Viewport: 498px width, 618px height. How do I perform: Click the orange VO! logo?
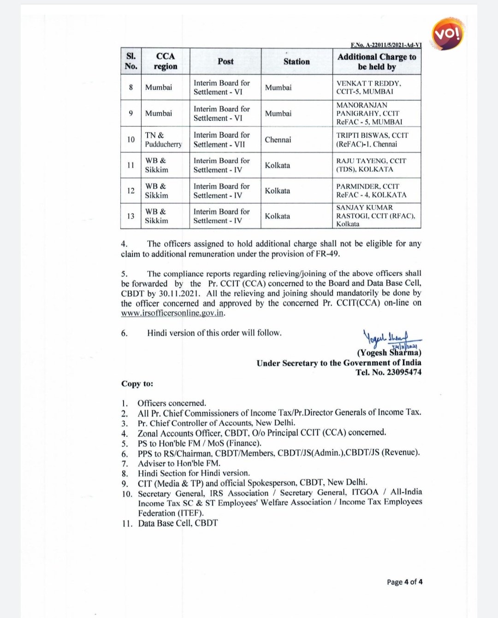[x=447, y=34]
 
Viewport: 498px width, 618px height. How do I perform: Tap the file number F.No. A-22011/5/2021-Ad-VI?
[x=386, y=45]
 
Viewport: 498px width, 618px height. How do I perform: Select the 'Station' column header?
[x=296, y=61]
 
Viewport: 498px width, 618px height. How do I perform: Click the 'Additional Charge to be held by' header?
[x=377, y=61]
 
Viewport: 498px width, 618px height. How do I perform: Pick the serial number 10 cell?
[x=131, y=140]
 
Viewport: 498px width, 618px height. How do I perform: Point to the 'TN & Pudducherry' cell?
[x=163, y=140]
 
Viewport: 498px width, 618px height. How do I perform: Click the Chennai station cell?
[x=278, y=140]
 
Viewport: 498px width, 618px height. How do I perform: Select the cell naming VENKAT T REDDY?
[x=369, y=87]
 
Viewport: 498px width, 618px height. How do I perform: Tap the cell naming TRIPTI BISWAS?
[x=372, y=140]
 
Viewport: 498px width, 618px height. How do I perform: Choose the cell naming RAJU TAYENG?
[x=371, y=165]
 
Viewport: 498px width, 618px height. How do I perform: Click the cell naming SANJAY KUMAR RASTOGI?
[x=375, y=216]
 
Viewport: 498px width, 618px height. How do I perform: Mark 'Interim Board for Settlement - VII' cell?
[x=221, y=140]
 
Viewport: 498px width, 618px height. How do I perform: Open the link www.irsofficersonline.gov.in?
[x=172, y=313]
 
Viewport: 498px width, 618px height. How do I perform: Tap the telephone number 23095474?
[x=404, y=372]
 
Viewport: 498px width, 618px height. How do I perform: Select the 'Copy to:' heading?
[x=137, y=384]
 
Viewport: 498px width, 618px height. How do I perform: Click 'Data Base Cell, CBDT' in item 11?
[x=178, y=523]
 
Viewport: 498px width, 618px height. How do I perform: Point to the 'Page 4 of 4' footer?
[x=404, y=582]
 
